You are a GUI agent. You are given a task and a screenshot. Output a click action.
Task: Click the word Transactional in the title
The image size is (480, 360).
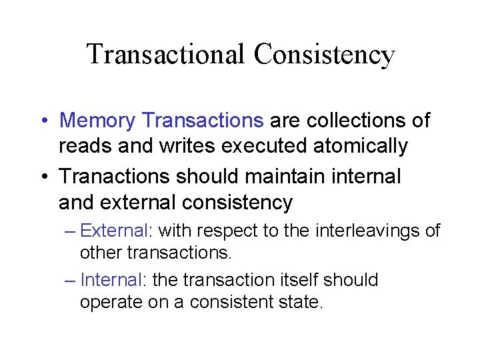pyautogui.click(x=165, y=54)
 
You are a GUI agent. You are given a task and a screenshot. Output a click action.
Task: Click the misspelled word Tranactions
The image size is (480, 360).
pyautogui.click(x=114, y=177)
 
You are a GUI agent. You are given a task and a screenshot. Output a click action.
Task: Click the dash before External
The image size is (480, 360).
pyautogui.click(x=71, y=231)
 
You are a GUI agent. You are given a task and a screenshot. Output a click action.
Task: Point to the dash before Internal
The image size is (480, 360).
pyautogui.click(x=71, y=280)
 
